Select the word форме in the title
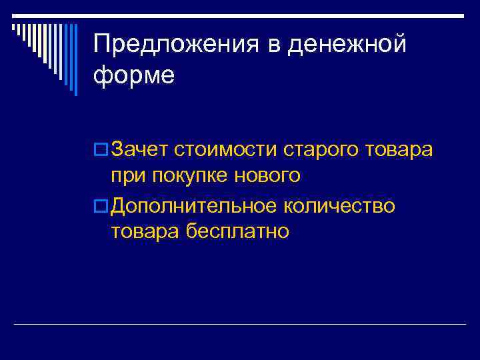click(134, 75)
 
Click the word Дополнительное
click(194, 206)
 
